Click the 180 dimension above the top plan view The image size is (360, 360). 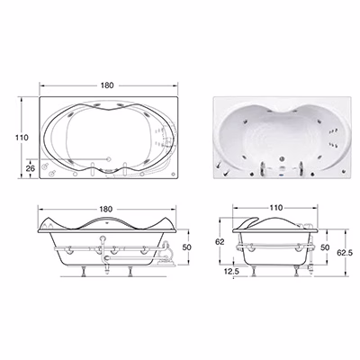[107, 85]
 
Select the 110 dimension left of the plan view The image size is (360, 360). [22, 138]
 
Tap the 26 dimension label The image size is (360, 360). [31, 168]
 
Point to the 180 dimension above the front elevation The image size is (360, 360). [105, 209]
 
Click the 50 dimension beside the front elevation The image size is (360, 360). [187, 247]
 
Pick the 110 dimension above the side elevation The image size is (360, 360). [276, 208]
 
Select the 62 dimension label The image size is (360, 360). [220, 242]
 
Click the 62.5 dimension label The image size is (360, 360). [345, 253]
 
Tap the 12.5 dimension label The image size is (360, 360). [231, 272]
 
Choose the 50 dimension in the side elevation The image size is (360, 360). [325, 247]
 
